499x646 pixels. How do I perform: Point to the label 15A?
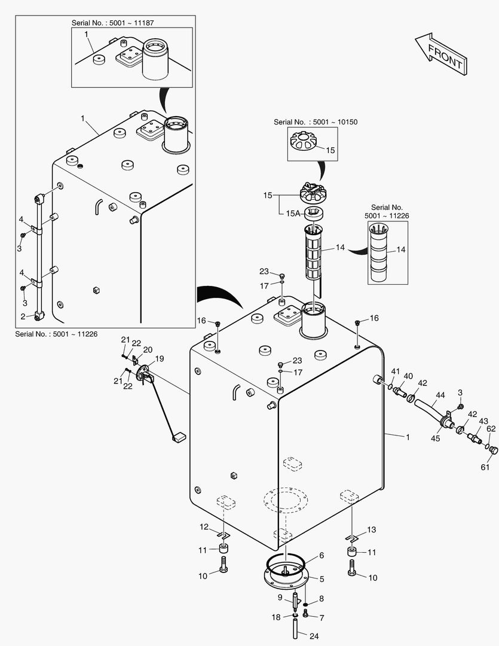pyautogui.click(x=292, y=212)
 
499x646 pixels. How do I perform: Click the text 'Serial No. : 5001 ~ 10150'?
pyautogui.click(x=316, y=122)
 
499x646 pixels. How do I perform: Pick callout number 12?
pyautogui.click(x=204, y=527)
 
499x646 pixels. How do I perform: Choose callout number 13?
pyautogui.click(x=372, y=530)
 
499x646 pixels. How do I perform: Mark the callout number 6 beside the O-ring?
pyautogui.click(x=321, y=556)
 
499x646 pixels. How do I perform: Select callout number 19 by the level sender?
pyautogui.click(x=160, y=359)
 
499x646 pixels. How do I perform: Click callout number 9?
pyautogui.click(x=280, y=597)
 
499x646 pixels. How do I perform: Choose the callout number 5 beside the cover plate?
pyautogui.click(x=322, y=578)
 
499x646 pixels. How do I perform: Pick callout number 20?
pyautogui.click(x=147, y=349)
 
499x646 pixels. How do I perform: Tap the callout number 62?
pyautogui.click(x=491, y=428)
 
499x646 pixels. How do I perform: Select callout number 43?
pyautogui.click(x=483, y=421)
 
